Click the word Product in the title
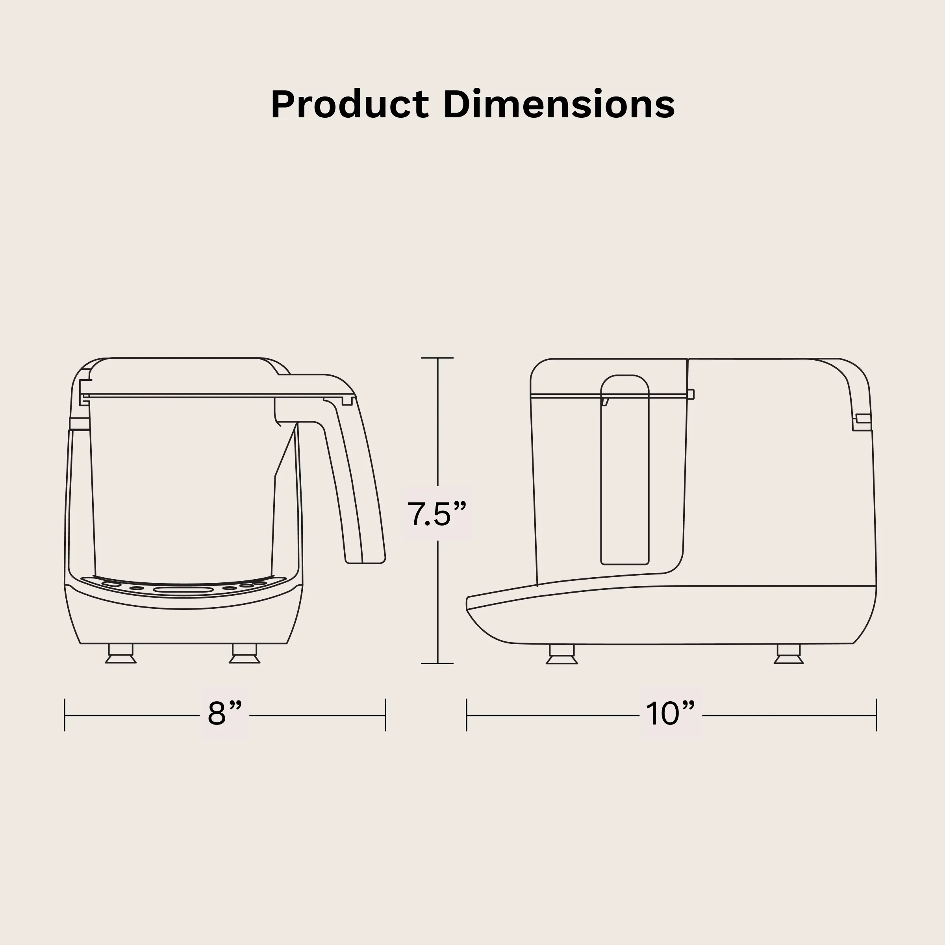(x=349, y=105)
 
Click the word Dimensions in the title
(x=559, y=105)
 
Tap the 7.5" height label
(x=437, y=514)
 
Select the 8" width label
(x=225, y=713)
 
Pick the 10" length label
(x=671, y=713)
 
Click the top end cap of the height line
(x=437, y=358)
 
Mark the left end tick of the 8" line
(x=65, y=715)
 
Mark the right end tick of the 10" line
(x=876, y=715)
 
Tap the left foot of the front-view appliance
(x=121, y=654)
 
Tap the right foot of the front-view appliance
(x=245, y=654)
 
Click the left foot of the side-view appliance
(x=561, y=654)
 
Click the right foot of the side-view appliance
(x=788, y=654)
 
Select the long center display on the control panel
(x=183, y=590)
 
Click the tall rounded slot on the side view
(x=624, y=470)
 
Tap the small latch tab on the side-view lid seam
(x=691, y=394)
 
